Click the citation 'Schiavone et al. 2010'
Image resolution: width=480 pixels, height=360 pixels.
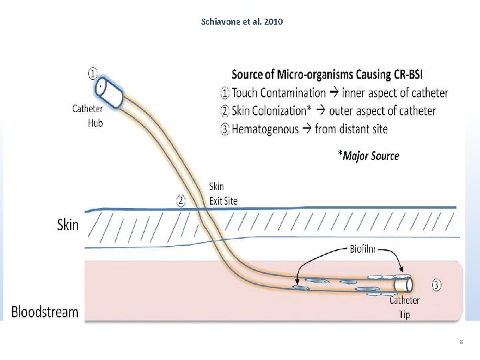point(241,21)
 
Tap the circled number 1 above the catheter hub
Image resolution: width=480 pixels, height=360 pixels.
point(93,72)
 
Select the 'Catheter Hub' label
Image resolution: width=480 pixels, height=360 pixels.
point(89,115)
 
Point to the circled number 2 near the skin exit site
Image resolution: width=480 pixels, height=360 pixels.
point(181,199)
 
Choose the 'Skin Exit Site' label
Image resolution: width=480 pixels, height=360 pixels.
point(223,193)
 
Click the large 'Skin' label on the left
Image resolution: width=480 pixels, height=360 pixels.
point(67,225)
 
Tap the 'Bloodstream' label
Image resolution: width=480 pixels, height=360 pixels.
point(45,311)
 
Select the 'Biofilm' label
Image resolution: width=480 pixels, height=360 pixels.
point(363,249)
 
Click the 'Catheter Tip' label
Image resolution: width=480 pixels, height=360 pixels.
point(405,307)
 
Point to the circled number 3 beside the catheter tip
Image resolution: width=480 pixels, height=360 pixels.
point(436,286)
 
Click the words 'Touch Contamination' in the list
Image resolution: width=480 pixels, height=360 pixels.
point(279,93)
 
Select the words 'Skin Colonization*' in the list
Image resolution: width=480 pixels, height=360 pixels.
point(270,111)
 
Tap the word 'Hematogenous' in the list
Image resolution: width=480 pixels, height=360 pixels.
point(265,129)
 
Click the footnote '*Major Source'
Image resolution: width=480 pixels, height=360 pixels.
point(368,156)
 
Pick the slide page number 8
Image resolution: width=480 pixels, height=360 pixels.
point(461,342)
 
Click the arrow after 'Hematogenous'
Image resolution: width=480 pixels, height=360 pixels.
point(307,129)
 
